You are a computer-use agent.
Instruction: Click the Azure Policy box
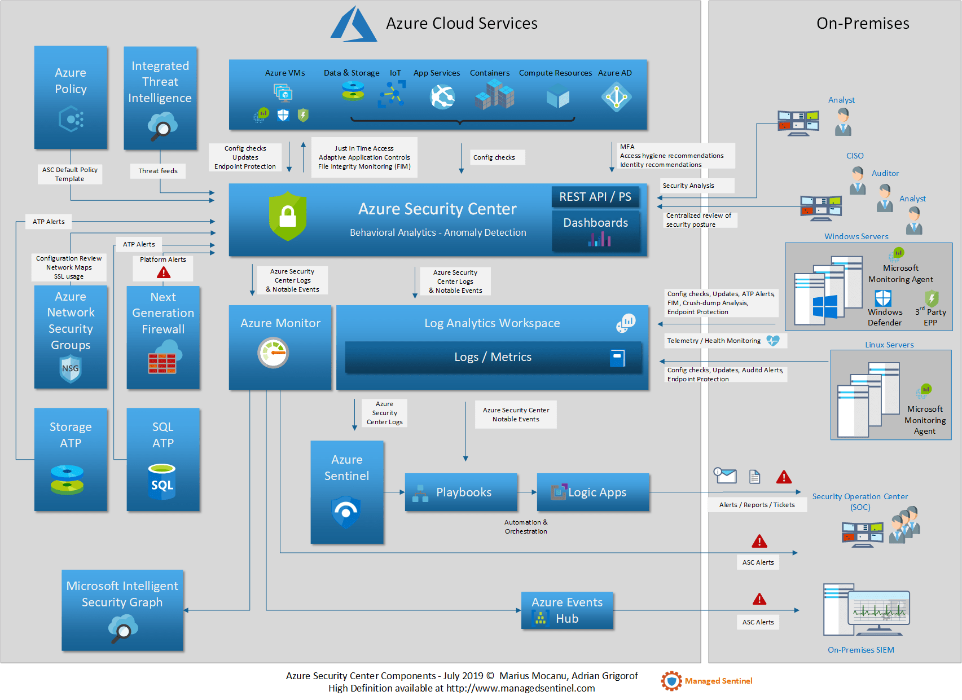coord(71,97)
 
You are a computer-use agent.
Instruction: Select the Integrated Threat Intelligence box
coord(160,98)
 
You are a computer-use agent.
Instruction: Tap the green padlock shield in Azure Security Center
coord(288,216)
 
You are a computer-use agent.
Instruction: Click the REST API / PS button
coord(595,197)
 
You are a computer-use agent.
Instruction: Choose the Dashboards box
coord(596,230)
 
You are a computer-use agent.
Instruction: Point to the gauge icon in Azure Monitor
coord(273,353)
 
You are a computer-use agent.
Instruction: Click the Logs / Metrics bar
coord(493,357)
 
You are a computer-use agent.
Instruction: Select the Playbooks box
coord(461,492)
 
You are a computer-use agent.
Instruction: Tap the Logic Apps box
coord(593,492)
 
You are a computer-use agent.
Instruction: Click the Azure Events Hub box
coord(567,610)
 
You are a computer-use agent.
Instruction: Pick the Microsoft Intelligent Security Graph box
coord(122,610)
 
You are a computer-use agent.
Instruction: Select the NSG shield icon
coord(71,369)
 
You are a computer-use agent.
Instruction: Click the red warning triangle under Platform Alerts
coord(164,273)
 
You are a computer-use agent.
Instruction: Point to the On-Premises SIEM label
coord(860,650)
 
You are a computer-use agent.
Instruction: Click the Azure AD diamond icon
coord(616,97)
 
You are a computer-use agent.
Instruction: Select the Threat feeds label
coord(158,171)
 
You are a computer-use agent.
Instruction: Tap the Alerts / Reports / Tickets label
coord(757,505)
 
